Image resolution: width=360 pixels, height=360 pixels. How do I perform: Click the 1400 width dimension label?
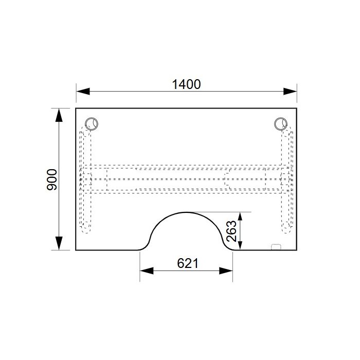[186, 84]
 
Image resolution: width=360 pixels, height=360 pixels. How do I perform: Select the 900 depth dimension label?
[52, 179]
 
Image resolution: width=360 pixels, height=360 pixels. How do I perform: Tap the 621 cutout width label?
[187, 263]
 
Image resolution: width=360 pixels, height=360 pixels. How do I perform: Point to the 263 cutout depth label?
[231, 231]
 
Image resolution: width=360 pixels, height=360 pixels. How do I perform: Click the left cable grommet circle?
[92, 124]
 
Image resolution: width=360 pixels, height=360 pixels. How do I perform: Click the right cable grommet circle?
[281, 124]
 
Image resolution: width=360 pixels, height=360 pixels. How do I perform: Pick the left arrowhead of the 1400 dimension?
[83, 91]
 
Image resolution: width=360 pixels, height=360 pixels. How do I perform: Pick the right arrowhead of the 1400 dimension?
[290, 91]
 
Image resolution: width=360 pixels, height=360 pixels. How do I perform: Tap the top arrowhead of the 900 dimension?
[59, 115]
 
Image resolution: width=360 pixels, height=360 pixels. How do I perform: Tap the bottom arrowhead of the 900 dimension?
[59, 243]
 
